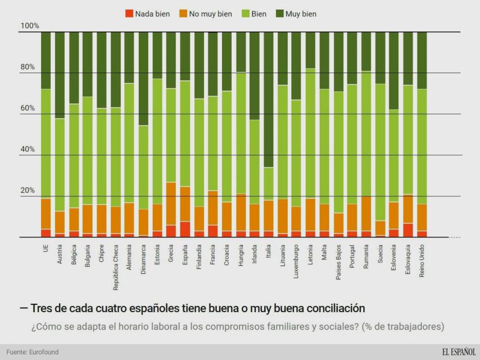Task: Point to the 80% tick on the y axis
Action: [x=28, y=67]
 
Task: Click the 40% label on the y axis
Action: [x=28, y=150]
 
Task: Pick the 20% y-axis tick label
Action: [x=28, y=191]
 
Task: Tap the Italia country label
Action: [x=268, y=253]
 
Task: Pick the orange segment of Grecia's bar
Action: [x=171, y=204]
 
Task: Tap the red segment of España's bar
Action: [x=185, y=229]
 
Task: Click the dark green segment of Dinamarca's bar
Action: [x=143, y=79]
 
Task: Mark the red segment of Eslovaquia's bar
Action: [x=407, y=230]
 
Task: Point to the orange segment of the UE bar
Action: [x=46, y=214]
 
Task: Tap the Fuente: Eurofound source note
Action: [x=33, y=352]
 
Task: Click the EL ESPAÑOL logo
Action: [x=458, y=352]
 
